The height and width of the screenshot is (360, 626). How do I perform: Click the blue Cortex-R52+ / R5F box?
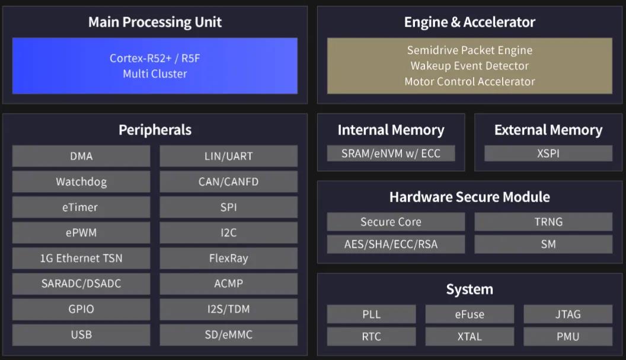tap(155, 66)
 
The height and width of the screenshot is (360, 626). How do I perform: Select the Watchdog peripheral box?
tap(81, 181)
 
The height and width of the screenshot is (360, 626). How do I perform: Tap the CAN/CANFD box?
tap(228, 181)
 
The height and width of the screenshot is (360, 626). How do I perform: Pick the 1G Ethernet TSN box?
tap(81, 258)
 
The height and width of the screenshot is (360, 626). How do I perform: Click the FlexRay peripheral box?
tap(228, 258)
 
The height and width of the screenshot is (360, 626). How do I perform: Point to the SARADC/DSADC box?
tap(81, 283)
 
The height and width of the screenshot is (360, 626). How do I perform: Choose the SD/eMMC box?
tap(228, 334)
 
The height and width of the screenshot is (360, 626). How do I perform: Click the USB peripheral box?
tap(81, 334)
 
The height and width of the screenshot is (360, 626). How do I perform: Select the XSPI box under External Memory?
tap(548, 153)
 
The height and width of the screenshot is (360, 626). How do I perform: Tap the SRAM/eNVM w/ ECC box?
tap(391, 153)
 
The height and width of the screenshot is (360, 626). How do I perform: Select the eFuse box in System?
tap(469, 314)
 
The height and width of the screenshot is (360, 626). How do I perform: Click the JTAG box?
tap(567, 314)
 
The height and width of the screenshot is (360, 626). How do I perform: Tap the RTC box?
tap(371, 336)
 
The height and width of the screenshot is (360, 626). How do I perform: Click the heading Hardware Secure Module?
tap(469, 197)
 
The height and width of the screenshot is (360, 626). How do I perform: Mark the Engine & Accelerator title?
tap(469, 23)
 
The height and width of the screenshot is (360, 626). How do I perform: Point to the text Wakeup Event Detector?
tap(469, 66)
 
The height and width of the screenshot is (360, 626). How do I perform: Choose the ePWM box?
tap(81, 232)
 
